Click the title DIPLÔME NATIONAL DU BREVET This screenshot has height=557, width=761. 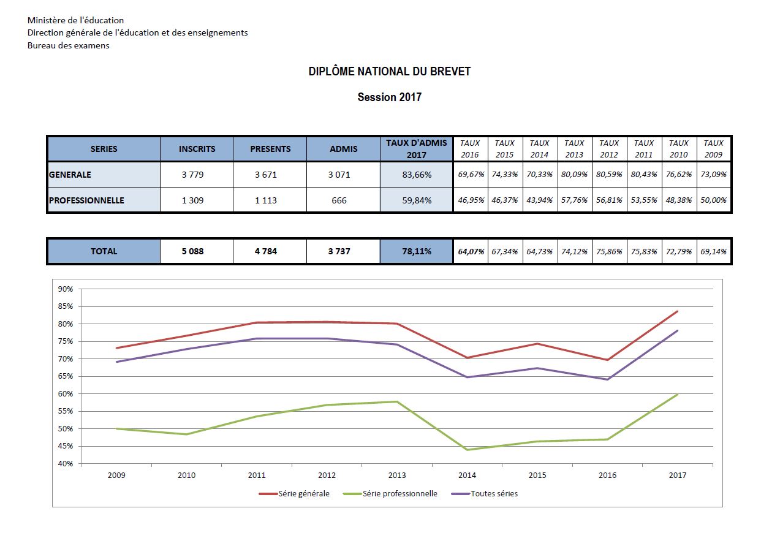[390, 72]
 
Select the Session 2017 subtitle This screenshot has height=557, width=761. [390, 97]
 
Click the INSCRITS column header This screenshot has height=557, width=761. [197, 149]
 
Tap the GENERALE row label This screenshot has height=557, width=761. [70, 175]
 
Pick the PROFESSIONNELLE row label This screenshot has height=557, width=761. [86, 200]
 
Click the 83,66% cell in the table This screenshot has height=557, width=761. [416, 175]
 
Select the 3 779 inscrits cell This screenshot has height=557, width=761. [197, 175]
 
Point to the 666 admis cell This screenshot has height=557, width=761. [339, 200]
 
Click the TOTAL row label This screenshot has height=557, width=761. [104, 251]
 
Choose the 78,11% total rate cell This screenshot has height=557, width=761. [416, 251]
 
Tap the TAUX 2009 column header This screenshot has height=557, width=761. [713, 149]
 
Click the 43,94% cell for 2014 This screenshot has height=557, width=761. [540, 200]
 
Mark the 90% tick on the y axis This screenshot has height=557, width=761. [66, 289]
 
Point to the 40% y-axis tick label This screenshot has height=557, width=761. [66, 464]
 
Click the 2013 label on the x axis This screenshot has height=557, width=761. [397, 476]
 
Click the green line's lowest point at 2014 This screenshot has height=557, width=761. [468, 450]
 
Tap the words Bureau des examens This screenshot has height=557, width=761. [69, 46]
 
